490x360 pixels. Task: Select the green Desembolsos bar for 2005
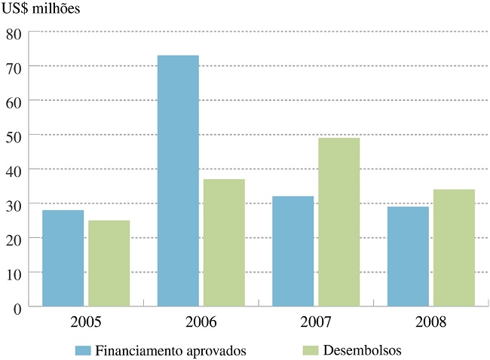[x=109, y=263]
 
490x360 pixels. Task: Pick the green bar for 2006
[x=223, y=243]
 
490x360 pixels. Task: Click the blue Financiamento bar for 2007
[x=292, y=251]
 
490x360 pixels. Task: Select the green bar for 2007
[x=338, y=222]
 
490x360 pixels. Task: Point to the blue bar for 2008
[x=408, y=256]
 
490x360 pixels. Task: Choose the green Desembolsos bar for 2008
[x=454, y=248]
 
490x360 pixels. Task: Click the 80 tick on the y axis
[x=13, y=32]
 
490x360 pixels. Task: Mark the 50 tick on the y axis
[x=13, y=136]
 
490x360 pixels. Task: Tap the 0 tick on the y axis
[x=17, y=307]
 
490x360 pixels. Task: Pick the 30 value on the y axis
[x=13, y=204]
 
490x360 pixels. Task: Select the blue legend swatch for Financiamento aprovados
[x=83, y=350]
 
